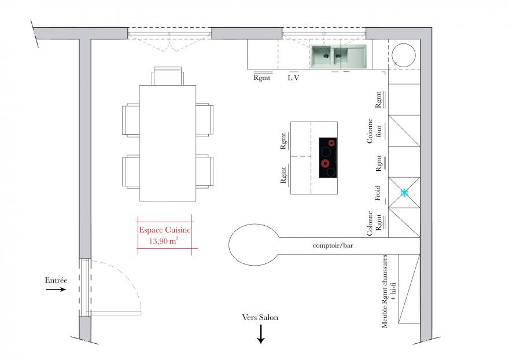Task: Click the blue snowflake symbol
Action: [x=404, y=193]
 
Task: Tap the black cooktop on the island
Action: [x=328, y=157]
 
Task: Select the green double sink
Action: [x=338, y=57]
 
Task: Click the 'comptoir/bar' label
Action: [x=333, y=245]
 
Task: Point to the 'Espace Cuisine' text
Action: [x=165, y=230]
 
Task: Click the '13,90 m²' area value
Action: [x=164, y=241]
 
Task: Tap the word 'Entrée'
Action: [x=56, y=280]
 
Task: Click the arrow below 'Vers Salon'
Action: [x=261, y=334]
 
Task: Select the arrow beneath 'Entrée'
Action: [x=56, y=289]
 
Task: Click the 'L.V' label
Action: [x=293, y=78]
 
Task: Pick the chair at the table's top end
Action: [x=168, y=76]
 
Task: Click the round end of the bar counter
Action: [x=254, y=245]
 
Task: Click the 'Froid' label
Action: [x=377, y=193]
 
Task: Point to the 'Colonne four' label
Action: [x=374, y=131]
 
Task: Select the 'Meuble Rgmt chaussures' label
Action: [x=384, y=292]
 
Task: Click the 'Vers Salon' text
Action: [x=260, y=317]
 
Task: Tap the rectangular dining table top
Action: [x=168, y=144]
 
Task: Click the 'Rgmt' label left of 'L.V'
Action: [x=261, y=78]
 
